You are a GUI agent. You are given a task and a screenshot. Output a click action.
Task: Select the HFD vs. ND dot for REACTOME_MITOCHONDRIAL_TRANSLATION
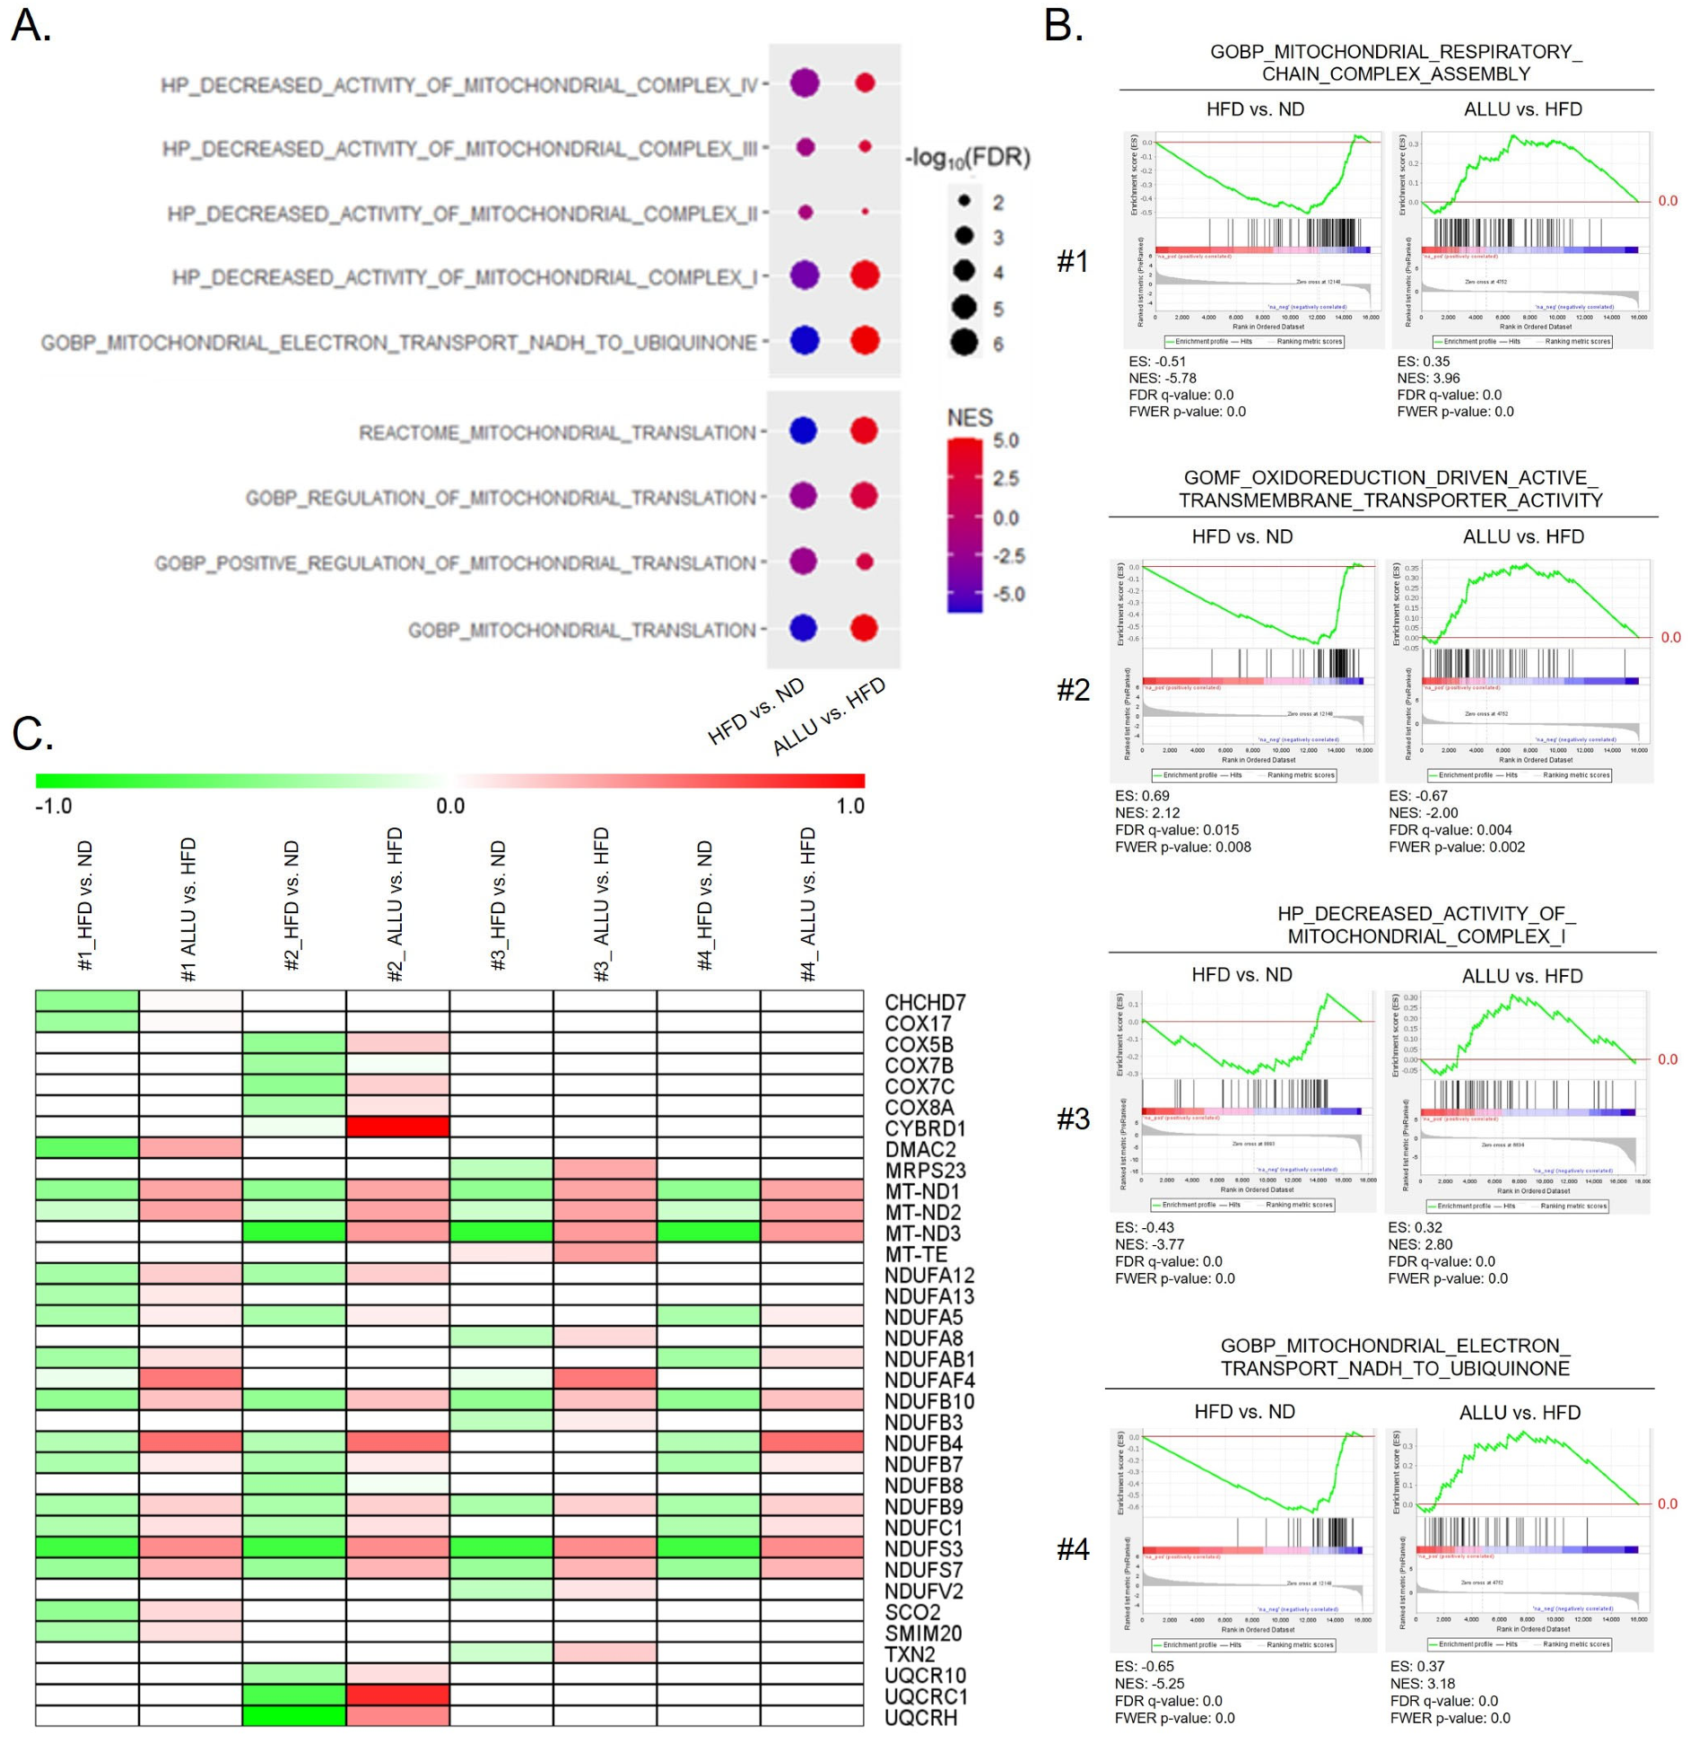[803, 431]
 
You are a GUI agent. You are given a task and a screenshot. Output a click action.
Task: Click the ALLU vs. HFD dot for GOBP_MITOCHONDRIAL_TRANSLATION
[864, 628]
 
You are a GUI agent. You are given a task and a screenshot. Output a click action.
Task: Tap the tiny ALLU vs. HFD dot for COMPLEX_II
[865, 212]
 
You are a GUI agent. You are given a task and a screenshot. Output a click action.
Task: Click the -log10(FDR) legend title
[967, 159]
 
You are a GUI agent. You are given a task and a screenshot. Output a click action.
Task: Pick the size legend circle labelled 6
[964, 343]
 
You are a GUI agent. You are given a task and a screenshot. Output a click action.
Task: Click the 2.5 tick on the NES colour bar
[1006, 478]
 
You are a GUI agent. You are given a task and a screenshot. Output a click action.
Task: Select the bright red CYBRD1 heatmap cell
[397, 1127]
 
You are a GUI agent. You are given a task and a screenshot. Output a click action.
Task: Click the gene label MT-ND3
[922, 1233]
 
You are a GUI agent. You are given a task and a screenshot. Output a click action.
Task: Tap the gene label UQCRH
[920, 1717]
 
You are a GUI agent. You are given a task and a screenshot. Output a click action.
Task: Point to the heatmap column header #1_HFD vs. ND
[86, 905]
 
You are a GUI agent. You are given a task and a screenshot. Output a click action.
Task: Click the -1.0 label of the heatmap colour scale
[54, 806]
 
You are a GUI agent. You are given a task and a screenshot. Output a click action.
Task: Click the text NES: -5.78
[1162, 379]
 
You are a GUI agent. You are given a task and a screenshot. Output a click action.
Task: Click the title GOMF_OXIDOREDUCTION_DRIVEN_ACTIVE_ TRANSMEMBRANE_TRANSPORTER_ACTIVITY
[1389, 489]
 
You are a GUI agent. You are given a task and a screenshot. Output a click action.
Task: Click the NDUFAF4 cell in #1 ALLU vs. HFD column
[190, 1380]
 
